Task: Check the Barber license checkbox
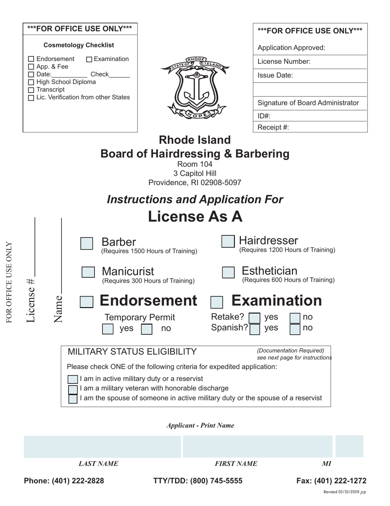pos(87,244)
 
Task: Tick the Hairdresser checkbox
pos(228,241)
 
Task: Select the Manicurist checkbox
pos(88,272)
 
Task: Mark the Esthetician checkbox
pos(228,273)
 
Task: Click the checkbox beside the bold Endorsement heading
pos(86,302)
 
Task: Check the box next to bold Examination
pos(216,302)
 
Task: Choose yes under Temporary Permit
pos(108,329)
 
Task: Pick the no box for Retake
pos(295,318)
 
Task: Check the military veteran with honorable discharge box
pos(73,389)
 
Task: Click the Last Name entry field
pos(102,446)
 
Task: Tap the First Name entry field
pos(257,446)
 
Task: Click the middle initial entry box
pos(349,446)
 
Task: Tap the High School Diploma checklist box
pos(31,82)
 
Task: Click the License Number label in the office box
pos(284,62)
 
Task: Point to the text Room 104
pos(195,164)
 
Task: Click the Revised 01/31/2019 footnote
pos(344,492)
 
